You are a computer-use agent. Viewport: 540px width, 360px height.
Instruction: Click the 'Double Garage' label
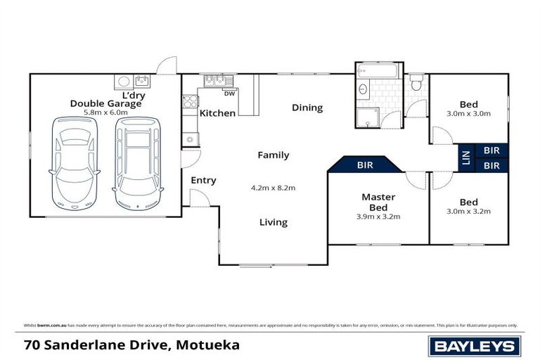[105, 103]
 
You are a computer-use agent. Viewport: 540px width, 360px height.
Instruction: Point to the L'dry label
[134, 94]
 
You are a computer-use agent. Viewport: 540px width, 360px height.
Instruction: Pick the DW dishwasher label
[229, 92]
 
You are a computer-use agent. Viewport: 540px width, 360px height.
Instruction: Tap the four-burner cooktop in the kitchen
[190, 101]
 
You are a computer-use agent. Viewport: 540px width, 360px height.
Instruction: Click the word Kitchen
[217, 113]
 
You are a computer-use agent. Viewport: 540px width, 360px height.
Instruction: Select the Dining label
[307, 108]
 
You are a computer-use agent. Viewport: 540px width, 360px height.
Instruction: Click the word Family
[273, 155]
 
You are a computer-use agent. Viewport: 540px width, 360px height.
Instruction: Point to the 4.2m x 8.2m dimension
[273, 188]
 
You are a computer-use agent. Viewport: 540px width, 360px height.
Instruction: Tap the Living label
[273, 222]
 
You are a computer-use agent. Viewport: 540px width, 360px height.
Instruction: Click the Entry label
[203, 181]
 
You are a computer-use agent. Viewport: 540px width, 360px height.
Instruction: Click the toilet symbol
[416, 84]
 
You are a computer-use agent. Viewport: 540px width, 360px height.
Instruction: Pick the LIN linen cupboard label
[465, 157]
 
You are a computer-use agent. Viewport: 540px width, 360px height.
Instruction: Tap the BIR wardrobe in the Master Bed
[365, 165]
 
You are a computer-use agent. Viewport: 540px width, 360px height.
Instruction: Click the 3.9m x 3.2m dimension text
[378, 216]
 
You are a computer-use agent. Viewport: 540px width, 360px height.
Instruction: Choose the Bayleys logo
[475, 345]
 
